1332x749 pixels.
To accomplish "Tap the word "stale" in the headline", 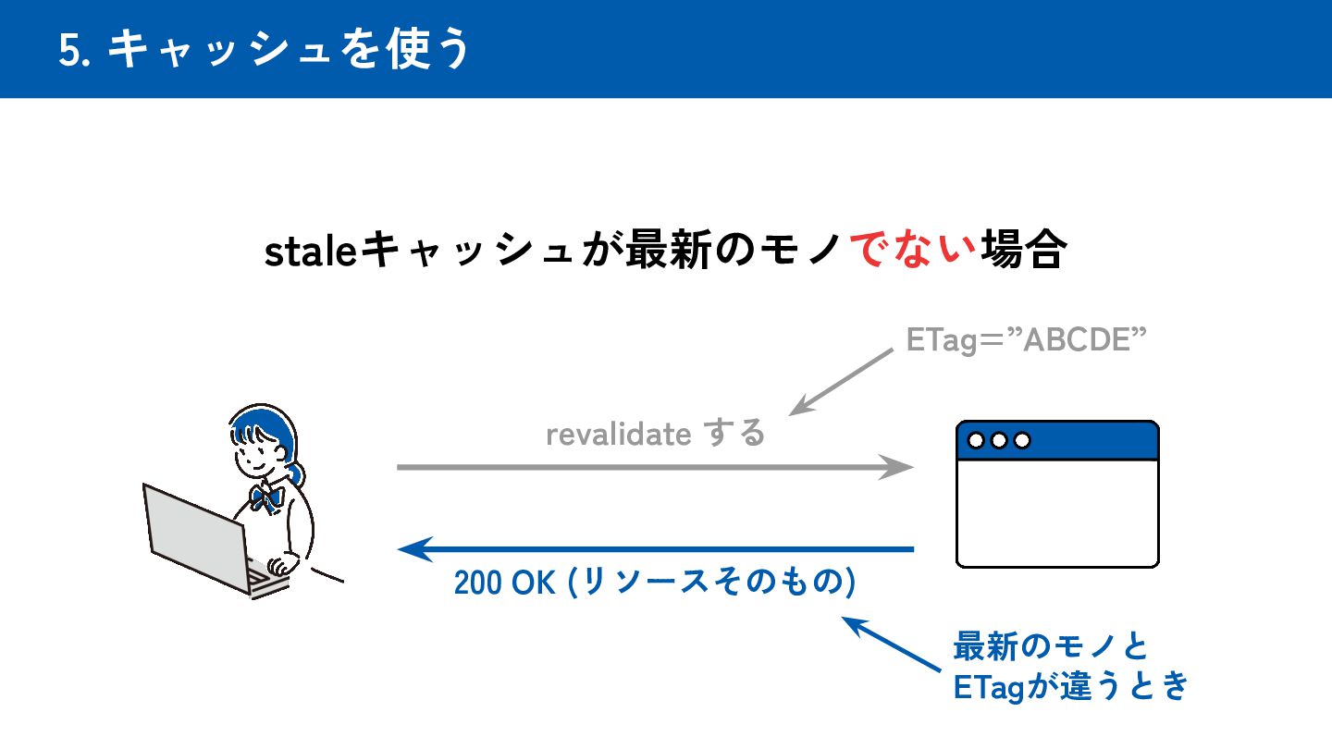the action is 310,252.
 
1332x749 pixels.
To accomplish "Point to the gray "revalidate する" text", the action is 656,433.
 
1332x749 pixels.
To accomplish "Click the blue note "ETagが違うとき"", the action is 1069,687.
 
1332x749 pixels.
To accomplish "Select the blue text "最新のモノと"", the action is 1051,645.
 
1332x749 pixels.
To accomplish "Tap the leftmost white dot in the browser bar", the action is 976,441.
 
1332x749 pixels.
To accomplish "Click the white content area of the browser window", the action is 1056,513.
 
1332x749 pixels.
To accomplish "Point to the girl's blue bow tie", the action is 267,497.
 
